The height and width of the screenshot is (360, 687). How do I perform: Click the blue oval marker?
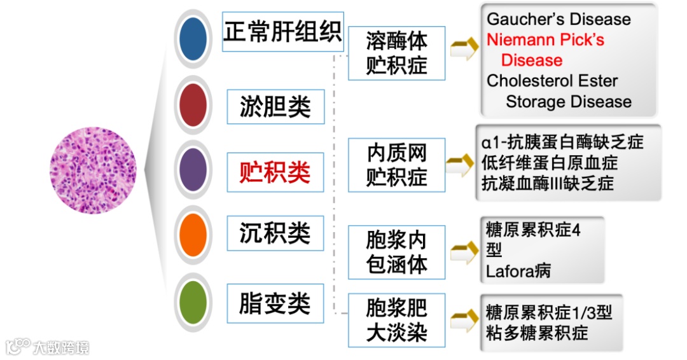pos(193,39)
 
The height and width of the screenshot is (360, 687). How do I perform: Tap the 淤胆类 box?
pos(275,106)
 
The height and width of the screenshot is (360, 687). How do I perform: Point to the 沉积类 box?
pos(275,233)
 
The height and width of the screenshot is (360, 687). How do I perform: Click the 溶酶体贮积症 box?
pos(396,53)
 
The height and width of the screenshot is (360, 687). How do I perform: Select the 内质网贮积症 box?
pos(396,164)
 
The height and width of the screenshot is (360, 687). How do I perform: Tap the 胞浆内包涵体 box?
pos(396,252)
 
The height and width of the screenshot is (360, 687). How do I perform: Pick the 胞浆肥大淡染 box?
pos(396,320)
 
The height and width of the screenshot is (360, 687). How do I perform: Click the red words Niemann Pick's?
pos(545,40)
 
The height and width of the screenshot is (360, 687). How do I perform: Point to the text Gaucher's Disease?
pos(559,19)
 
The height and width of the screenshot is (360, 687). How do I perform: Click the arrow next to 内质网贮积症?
pos(462,165)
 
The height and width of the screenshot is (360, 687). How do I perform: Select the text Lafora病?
pos(518,272)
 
